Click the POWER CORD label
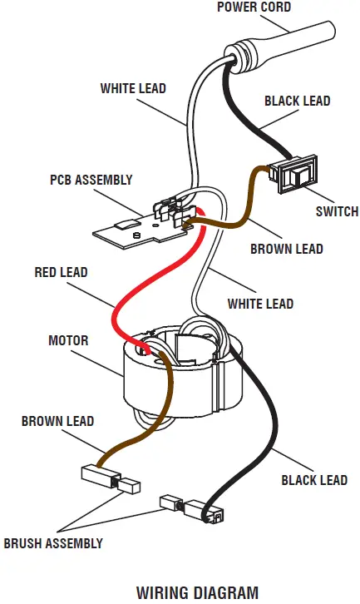[x=254, y=7]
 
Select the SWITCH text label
[x=337, y=211]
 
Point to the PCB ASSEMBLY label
[x=91, y=180]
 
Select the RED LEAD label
[x=61, y=272]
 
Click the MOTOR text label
[x=68, y=340]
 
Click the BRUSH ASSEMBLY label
[x=53, y=543]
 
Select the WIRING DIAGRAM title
[x=197, y=592]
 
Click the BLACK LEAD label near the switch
[x=297, y=101]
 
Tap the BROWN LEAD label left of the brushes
[x=57, y=421]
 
